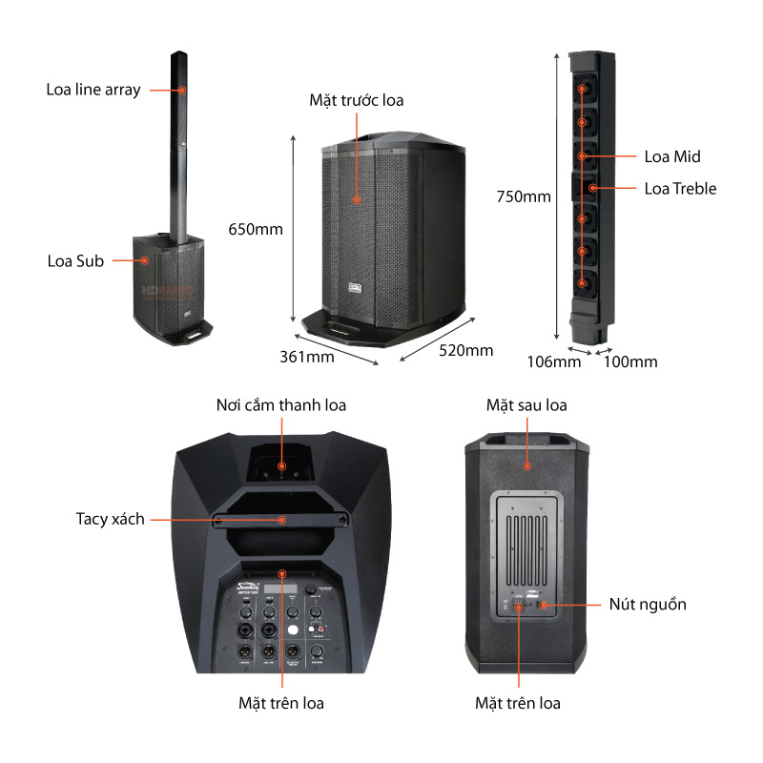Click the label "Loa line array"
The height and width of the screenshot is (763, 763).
[93, 90]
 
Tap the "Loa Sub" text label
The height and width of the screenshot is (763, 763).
[75, 260]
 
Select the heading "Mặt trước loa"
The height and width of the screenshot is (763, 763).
[356, 99]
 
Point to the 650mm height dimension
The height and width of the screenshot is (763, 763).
[256, 229]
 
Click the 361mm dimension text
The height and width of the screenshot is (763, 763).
[306, 357]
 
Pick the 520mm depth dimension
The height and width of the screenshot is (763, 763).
[465, 350]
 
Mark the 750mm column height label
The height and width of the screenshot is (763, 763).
[523, 197]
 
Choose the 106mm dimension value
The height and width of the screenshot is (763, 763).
[553, 361]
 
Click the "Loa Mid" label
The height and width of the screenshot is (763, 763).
[672, 156]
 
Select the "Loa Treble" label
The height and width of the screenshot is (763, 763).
[680, 188]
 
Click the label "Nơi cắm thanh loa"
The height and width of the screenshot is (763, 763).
[280, 405]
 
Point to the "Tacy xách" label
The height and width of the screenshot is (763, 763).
[110, 519]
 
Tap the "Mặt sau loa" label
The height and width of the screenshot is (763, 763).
[526, 405]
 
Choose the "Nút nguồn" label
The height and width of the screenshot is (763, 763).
[648, 604]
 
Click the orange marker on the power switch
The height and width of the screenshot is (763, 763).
[543, 605]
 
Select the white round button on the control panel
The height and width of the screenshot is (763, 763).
[294, 631]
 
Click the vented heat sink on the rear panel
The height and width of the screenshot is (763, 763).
[526, 544]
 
